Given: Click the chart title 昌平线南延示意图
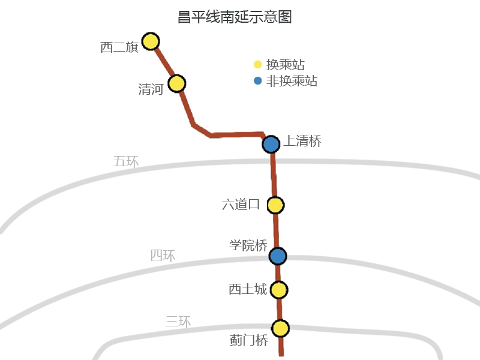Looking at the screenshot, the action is point(235,17).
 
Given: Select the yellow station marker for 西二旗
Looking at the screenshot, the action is point(150,41).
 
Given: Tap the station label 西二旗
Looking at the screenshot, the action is point(119,47).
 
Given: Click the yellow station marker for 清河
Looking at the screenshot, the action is point(176,83).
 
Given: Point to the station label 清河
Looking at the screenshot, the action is point(151,90).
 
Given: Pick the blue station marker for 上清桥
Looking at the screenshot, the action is point(271,144).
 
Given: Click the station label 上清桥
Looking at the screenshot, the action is point(302,142).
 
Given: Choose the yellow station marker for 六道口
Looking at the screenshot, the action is point(275,205).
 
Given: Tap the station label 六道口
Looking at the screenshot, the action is point(241,205).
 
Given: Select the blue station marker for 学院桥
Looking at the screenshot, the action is point(277,256).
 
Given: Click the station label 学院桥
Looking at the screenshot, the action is point(248,245).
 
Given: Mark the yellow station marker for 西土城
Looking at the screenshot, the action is point(278,290).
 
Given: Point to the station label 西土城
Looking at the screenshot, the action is point(248,290).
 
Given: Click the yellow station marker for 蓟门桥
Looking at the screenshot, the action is point(280,328).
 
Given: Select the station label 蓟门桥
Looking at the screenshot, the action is point(249,341).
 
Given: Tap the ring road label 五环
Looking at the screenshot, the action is point(126,161).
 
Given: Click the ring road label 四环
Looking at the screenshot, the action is point(163,256).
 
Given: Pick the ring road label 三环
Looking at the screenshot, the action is point(178,322).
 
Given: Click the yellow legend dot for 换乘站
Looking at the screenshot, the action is point(257,65).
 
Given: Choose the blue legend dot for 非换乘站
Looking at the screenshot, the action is point(257,81).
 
